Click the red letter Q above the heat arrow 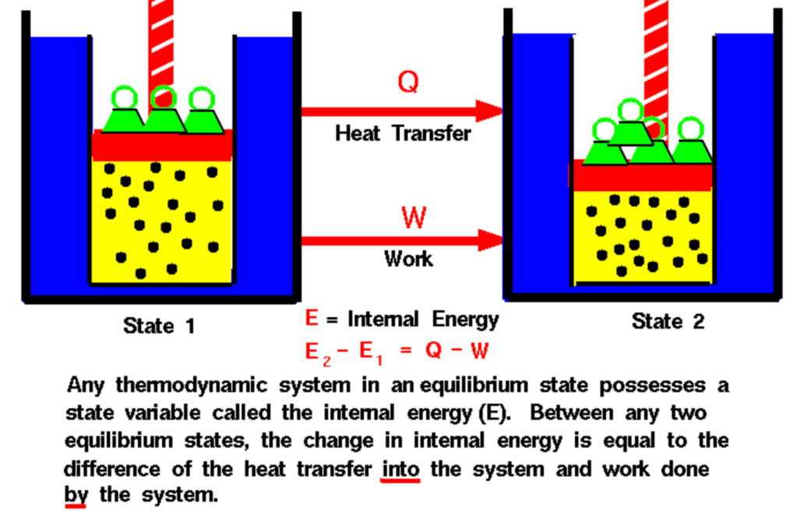click(407, 80)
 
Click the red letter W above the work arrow click(414, 217)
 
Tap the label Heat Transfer click(403, 133)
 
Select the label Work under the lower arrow click(408, 258)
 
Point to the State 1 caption click(159, 325)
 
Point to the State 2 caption click(668, 321)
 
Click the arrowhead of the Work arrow click(488, 238)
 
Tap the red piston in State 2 click(641, 177)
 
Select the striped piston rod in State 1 click(161, 39)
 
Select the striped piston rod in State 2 click(655, 47)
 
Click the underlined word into click(400, 469)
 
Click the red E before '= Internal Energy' click(311, 319)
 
